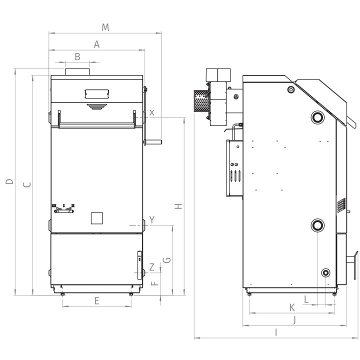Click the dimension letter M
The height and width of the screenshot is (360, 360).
pos(105,27)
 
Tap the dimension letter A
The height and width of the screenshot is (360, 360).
pos(96,44)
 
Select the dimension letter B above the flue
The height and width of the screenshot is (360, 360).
pos(77,56)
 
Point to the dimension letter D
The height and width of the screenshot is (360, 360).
pos(9,181)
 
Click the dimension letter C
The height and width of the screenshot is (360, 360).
pos(27,184)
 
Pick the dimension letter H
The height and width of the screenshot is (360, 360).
pos(178,206)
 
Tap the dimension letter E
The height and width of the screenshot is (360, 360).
pos(96,300)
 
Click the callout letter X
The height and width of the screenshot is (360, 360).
pos(152,112)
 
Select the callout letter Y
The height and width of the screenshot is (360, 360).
pos(152,219)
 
